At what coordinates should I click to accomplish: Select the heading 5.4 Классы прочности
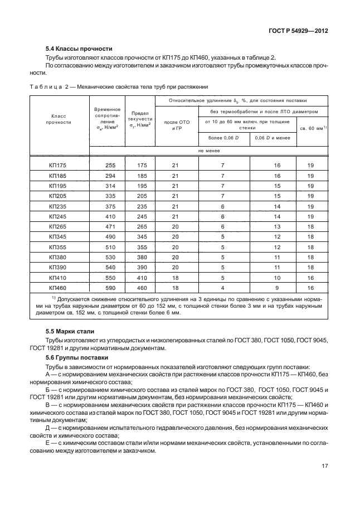click(75, 49)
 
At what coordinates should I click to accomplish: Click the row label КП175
click(57, 166)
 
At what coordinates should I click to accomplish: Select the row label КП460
click(57, 288)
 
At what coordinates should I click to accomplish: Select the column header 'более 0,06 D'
click(222, 137)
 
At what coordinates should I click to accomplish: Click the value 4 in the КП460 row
click(222, 288)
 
